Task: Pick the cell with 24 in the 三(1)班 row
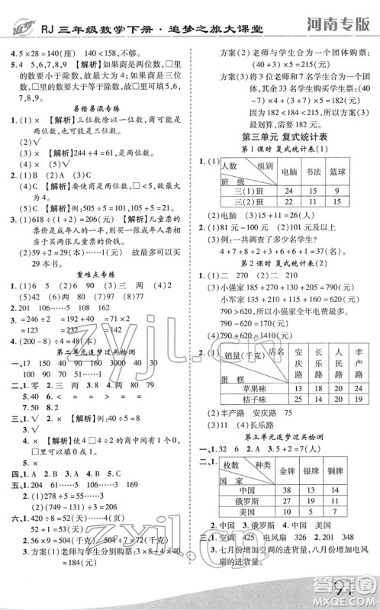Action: [x=288, y=189]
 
